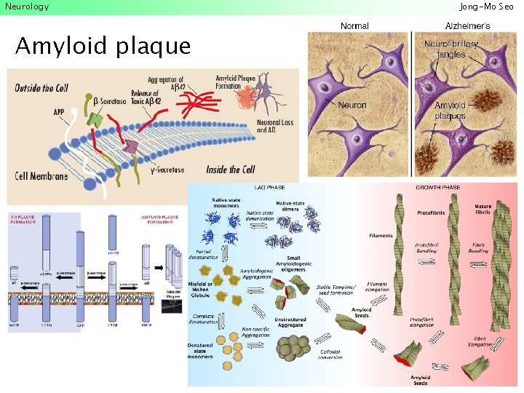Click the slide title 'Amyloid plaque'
tap(103, 47)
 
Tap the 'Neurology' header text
tap(27, 7)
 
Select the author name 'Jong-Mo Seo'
tap(486, 7)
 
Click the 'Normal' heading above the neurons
tap(354, 26)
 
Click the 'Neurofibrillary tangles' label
tap(451, 49)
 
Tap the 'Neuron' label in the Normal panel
tap(352, 105)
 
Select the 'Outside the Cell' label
tap(41, 88)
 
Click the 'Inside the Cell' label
tap(231, 170)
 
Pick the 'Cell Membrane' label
tap(41, 176)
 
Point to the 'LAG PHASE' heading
tap(269, 188)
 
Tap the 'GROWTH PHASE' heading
tap(437, 188)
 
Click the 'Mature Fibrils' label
tap(483, 209)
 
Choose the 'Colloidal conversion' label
tap(330, 354)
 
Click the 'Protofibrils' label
tap(431, 213)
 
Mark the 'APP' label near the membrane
tap(58, 112)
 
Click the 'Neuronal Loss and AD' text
tap(274, 127)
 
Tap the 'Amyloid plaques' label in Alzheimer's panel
tap(450, 111)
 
